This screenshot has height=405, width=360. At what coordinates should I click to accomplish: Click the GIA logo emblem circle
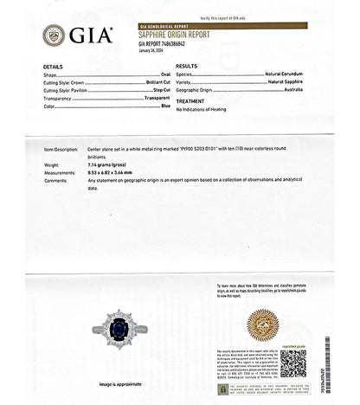[54, 35]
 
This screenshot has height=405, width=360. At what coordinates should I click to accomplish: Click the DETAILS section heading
[53, 67]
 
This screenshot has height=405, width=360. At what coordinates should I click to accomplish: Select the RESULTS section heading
[186, 67]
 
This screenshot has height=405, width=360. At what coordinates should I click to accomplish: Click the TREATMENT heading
[190, 101]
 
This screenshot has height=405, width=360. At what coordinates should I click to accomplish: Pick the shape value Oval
[165, 75]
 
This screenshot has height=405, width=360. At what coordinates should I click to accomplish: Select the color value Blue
[166, 106]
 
